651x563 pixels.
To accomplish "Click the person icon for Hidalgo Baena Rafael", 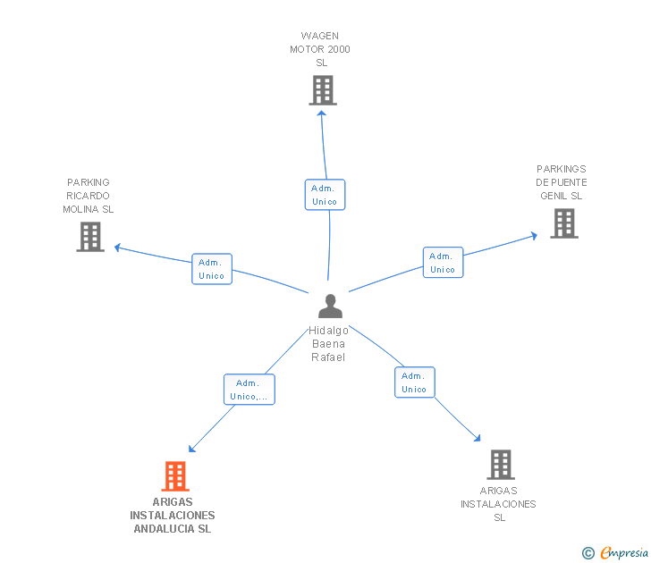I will (330, 307).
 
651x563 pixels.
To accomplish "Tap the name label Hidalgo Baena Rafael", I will (328, 344).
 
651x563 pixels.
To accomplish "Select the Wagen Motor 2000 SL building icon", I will (323, 90).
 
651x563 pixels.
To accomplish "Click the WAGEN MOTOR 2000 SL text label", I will (320, 50).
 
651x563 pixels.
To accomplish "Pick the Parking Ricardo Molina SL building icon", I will (90, 237).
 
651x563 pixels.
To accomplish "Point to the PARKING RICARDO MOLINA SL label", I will (89, 196).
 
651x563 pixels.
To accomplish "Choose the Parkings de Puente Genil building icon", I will (564, 223).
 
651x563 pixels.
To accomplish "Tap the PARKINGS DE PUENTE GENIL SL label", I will (562, 182).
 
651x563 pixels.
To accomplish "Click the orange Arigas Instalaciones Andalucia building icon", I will (175, 476).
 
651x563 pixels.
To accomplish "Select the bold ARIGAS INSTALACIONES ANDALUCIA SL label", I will (173, 516).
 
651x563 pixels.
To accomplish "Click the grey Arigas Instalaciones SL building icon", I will (501, 465).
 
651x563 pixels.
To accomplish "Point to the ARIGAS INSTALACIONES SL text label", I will (498, 504).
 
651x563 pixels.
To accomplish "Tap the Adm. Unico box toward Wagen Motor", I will (325, 195).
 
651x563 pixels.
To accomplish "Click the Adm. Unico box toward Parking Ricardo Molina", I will (212, 269).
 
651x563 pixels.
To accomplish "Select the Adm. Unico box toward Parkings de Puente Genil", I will (443, 263).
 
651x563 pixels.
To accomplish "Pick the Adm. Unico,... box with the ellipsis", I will (249, 390).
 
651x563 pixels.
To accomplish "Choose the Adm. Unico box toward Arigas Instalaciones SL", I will (414, 382).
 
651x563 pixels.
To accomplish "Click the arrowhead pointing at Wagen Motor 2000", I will (323, 113).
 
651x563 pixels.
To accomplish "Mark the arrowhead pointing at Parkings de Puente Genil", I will (534, 236).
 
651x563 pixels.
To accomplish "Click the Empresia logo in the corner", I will (616, 553).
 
